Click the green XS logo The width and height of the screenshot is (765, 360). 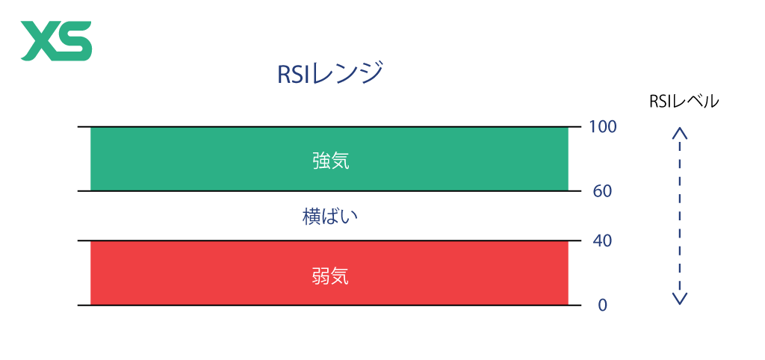tap(56, 41)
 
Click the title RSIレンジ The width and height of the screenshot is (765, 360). tap(330, 74)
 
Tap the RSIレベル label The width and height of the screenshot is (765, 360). tap(684, 101)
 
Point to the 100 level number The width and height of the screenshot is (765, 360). tap(603, 127)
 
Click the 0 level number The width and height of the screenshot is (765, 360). tap(602, 305)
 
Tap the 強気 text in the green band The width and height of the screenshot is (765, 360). tap(331, 161)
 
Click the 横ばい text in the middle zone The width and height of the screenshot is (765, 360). tap(330, 217)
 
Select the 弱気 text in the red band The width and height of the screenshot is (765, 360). tap(330, 277)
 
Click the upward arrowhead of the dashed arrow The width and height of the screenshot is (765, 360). tap(680, 132)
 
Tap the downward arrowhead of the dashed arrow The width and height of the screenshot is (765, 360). tap(680, 299)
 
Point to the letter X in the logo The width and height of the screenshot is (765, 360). tap(38, 41)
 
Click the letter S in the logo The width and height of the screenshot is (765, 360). tap(74, 41)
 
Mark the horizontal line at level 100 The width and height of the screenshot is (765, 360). tap(329, 127)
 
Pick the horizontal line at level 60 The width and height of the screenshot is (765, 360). tap(329, 190)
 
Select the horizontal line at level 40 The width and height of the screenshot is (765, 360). tap(329, 240)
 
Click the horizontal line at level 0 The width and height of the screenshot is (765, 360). tap(329, 305)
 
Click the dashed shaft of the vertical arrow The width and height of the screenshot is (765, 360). tap(680, 216)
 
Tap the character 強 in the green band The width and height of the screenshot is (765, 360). tap(321, 161)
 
